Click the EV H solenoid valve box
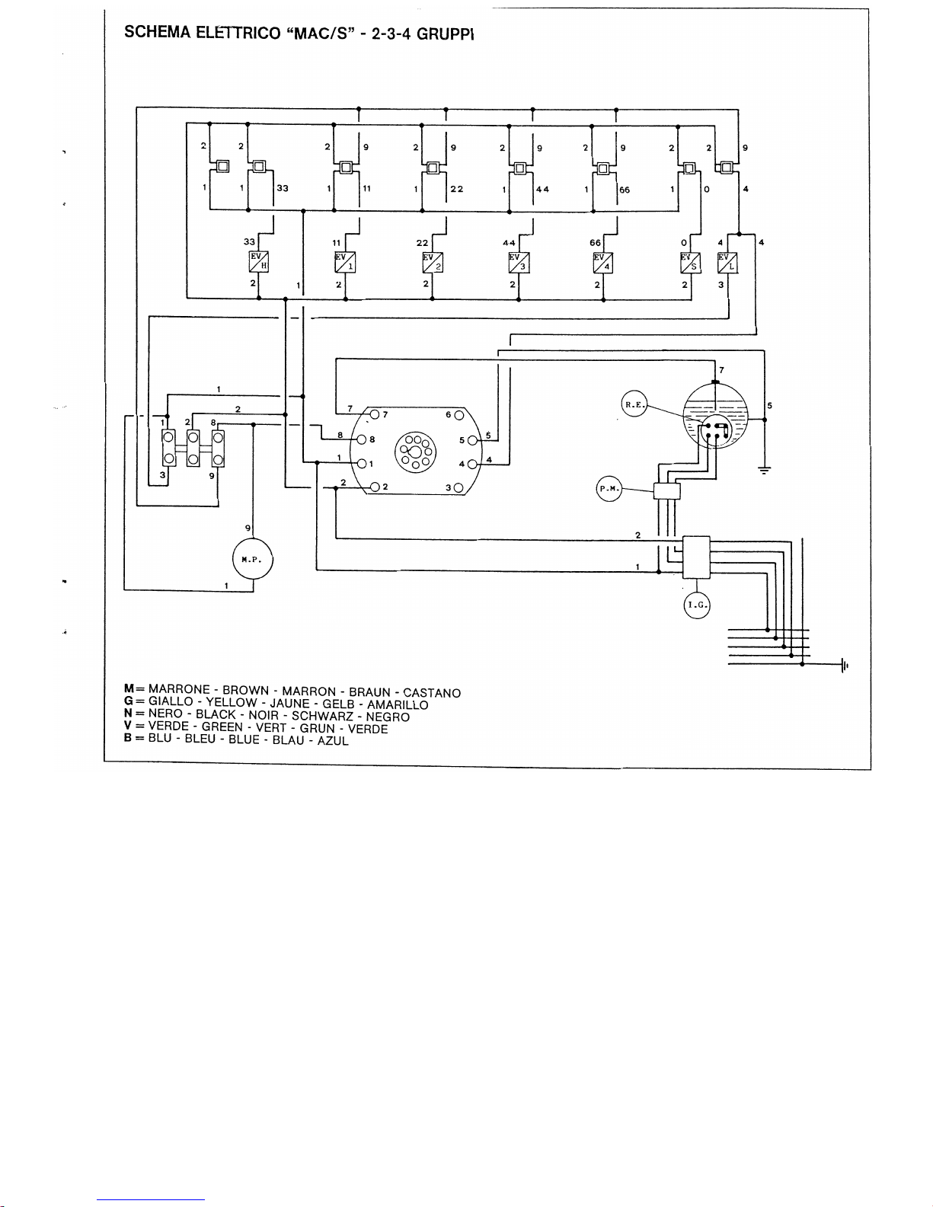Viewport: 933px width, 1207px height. click(x=260, y=262)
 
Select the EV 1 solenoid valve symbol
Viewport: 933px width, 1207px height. click(x=346, y=262)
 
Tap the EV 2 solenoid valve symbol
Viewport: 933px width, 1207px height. click(x=433, y=262)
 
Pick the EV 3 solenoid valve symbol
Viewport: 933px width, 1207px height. click(x=519, y=262)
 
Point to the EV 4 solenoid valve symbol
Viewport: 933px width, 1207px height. click(x=602, y=262)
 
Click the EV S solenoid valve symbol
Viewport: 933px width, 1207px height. click(x=690, y=262)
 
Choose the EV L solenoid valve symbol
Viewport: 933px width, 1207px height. click(x=727, y=262)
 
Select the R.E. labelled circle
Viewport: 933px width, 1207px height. click(x=634, y=405)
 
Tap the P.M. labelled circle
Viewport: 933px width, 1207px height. click(x=608, y=489)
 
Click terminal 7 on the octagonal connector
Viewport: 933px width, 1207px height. click(x=375, y=414)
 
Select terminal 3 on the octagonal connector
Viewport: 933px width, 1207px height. click(x=459, y=487)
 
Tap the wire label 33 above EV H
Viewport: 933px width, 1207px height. click(x=248, y=241)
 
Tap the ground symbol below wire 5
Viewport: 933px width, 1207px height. click(x=765, y=470)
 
